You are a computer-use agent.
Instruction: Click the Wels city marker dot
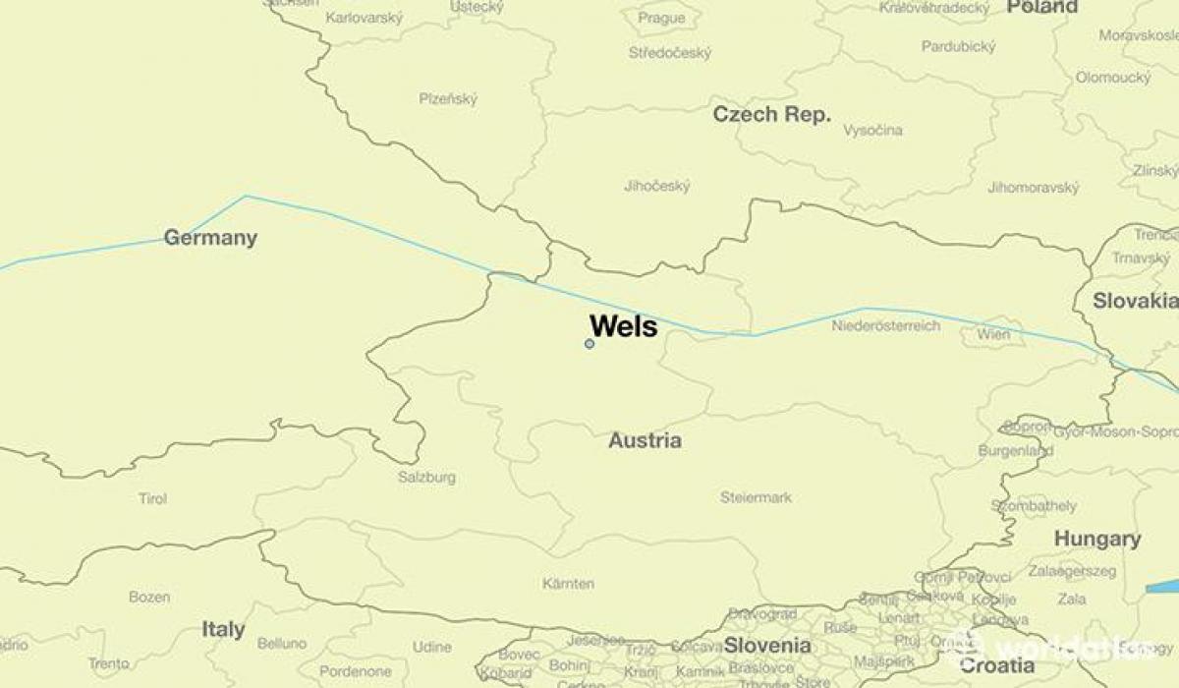(x=589, y=344)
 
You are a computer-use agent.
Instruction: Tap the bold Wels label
(x=623, y=326)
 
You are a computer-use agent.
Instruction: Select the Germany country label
(x=210, y=238)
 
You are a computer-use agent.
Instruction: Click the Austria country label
(x=645, y=440)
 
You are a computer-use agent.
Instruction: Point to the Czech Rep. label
(x=771, y=114)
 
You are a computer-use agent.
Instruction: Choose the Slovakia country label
(x=1135, y=302)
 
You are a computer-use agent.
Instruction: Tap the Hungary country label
(x=1097, y=539)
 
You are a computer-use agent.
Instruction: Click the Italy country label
(x=223, y=629)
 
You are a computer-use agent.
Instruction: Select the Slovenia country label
(x=767, y=646)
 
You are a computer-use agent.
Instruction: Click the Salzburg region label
(x=426, y=478)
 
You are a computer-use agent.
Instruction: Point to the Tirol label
(x=152, y=499)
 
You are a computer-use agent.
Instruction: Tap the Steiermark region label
(x=756, y=497)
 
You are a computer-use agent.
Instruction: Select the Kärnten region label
(x=568, y=584)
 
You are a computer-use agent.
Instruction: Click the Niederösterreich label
(x=885, y=326)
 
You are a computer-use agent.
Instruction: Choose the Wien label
(x=993, y=335)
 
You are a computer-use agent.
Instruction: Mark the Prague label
(x=661, y=18)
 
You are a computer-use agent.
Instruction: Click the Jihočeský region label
(x=656, y=186)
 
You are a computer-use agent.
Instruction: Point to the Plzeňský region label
(x=448, y=98)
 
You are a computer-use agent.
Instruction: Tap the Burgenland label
(x=1015, y=451)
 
